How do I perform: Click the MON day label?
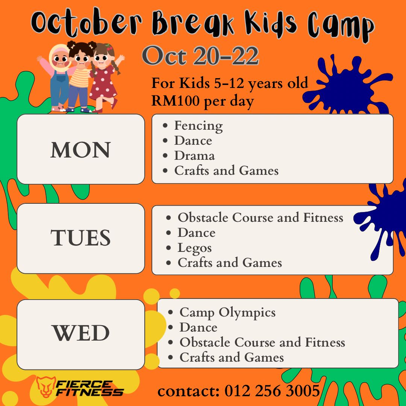tap(80, 150)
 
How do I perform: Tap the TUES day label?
tap(80, 238)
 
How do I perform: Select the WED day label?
tap(81, 333)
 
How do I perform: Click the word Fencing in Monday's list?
tap(198, 126)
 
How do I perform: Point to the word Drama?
tap(194, 156)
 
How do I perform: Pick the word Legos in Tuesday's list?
tap(195, 248)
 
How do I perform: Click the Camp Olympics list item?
tap(227, 312)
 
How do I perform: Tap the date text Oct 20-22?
tap(200, 55)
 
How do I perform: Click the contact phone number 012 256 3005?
tap(272, 391)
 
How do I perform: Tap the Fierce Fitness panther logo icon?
tap(45, 387)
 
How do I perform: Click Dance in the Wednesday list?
tap(198, 327)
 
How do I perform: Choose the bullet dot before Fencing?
tap(165, 126)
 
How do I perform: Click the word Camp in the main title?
tap(341, 26)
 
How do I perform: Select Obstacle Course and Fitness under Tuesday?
tap(260, 218)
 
